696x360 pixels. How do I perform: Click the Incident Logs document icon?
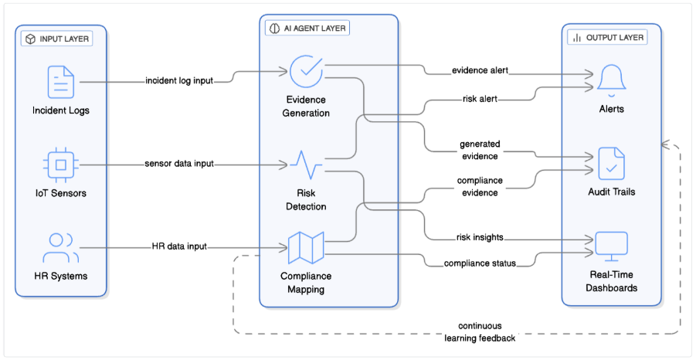61,82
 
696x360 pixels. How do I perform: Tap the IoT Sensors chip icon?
61,164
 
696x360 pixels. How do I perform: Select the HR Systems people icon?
61,247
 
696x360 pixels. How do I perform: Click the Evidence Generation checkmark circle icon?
306,70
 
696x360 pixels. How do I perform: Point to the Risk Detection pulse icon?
306,165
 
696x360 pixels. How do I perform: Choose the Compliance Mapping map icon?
306,247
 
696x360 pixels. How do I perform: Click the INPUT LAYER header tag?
57,39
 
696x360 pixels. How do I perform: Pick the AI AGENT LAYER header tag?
307,28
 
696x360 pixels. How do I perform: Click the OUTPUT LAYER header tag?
606,37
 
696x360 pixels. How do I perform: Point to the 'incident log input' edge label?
179,80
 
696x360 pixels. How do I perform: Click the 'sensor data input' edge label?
179,164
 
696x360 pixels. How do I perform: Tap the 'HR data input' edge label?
179,246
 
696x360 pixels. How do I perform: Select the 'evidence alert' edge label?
480,71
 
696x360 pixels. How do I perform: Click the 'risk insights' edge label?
480,237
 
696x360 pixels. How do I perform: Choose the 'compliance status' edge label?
480,263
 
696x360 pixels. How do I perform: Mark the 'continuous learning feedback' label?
480,331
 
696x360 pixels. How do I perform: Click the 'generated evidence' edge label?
480,149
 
